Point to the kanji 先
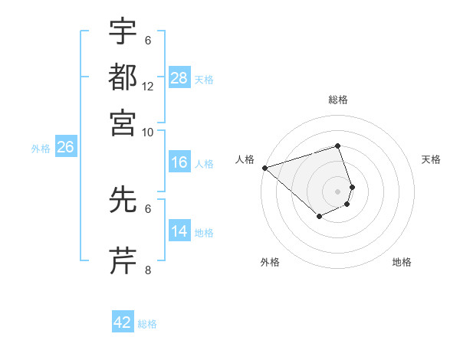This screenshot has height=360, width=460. (x=123, y=200)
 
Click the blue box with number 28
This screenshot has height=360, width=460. (x=179, y=77)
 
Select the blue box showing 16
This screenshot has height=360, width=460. (x=179, y=162)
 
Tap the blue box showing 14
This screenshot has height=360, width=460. (x=179, y=231)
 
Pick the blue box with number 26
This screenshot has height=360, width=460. (x=65, y=148)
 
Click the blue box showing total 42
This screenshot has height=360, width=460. (x=123, y=322)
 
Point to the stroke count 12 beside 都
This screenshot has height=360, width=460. (x=148, y=86)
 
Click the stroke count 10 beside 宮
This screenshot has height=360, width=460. (x=148, y=131)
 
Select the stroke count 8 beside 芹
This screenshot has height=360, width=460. (x=148, y=270)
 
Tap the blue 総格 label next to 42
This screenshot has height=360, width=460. (x=147, y=324)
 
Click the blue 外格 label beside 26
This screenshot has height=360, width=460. (x=40, y=149)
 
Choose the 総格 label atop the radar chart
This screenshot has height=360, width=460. (x=337, y=100)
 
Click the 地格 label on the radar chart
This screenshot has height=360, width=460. (x=402, y=262)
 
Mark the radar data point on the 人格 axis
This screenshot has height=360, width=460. (x=264, y=167)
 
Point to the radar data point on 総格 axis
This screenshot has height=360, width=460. (x=337, y=146)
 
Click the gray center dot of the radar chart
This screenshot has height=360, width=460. (x=337, y=191)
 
